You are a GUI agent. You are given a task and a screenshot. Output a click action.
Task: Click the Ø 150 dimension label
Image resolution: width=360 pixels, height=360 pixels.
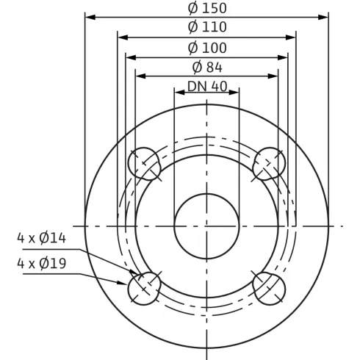(207, 8)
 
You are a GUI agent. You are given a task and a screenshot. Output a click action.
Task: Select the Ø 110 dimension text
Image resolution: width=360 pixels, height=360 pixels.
(207, 27)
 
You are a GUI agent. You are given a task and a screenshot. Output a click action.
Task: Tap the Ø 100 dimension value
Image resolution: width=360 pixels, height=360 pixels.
(207, 48)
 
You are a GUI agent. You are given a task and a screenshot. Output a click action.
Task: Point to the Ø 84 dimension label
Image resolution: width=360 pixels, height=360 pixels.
(207, 67)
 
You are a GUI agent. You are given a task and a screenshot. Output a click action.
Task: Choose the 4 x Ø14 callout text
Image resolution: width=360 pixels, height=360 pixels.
(43, 237)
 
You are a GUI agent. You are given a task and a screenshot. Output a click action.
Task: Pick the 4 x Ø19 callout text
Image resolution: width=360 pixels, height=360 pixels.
(43, 262)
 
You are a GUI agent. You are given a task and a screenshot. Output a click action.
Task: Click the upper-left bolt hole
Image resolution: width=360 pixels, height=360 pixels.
(145, 162)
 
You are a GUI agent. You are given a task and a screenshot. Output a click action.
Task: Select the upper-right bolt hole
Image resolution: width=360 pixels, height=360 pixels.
(269, 162)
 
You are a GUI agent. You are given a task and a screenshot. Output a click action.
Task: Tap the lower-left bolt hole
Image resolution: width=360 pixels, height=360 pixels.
(145, 287)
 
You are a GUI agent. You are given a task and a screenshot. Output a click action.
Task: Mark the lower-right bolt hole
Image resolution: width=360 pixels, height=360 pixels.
(269, 287)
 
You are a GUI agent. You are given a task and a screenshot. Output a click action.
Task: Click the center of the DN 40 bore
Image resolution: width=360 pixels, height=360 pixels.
(206, 225)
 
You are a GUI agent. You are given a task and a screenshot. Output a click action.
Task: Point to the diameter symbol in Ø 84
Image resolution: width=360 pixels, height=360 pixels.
(197, 67)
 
